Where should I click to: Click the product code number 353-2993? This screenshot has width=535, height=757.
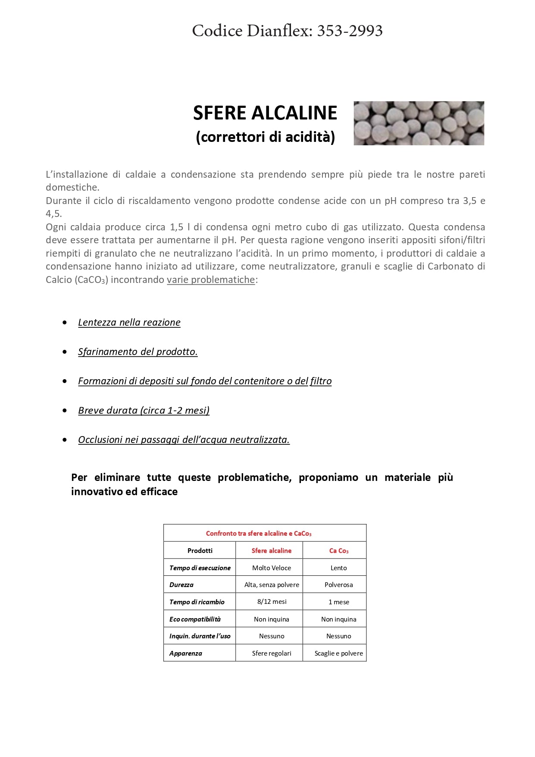click(x=350, y=31)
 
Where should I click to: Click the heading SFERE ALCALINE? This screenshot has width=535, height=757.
click(x=265, y=113)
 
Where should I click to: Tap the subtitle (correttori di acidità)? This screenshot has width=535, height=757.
click(x=265, y=137)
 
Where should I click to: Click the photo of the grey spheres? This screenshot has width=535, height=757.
click(x=419, y=123)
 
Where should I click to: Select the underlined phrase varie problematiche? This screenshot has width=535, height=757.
click(x=211, y=280)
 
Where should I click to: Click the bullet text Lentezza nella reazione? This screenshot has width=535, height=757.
click(x=129, y=322)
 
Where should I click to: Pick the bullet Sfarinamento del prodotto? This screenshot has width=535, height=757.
click(x=138, y=352)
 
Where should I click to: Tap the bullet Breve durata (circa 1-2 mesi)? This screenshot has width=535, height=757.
click(x=144, y=410)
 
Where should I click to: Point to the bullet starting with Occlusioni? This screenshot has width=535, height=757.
click(x=184, y=440)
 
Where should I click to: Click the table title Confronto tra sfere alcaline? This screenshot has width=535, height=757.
click(x=258, y=534)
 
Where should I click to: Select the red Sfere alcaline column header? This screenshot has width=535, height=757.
click(x=271, y=551)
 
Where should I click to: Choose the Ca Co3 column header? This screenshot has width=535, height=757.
click(x=338, y=551)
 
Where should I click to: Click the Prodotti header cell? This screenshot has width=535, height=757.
click(x=200, y=551)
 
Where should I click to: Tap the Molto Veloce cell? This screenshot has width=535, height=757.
click(x=271, y=568)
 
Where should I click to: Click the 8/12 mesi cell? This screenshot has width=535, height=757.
click(x=272, y=602)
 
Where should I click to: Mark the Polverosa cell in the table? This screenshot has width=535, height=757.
click(x=338, y=585)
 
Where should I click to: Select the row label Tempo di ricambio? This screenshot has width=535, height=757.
click(x=197, y=602)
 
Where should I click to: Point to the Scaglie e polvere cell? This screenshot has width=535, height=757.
click(x=338, y=653)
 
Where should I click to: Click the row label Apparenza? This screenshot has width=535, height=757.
click(x=185, y=653)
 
